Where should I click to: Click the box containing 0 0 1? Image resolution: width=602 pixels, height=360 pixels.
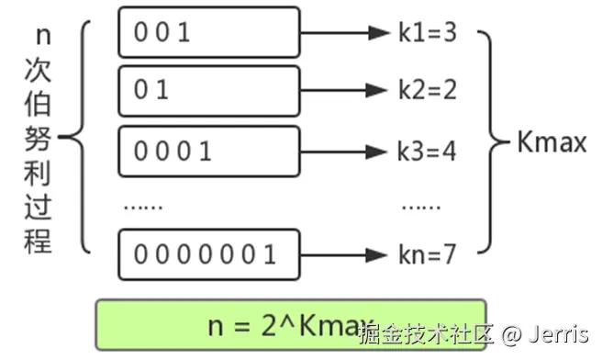point(208,32)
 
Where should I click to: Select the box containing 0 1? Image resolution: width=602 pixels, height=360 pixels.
point(208,90)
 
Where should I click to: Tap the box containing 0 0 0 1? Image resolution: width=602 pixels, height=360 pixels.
point(208,150)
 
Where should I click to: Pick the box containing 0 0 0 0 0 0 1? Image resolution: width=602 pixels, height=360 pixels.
point(208,253)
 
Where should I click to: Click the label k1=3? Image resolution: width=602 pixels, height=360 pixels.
point(427,34)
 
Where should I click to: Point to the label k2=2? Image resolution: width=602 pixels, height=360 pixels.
point(427,90)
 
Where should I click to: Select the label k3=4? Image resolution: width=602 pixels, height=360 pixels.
point(427,150)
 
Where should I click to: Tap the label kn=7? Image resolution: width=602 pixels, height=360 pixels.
point(427,254)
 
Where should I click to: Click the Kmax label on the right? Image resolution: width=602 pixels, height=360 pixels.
point(552,142)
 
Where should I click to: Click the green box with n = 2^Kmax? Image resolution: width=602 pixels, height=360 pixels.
point(291,326)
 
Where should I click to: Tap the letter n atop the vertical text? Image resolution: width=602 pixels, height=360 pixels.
point(40,34)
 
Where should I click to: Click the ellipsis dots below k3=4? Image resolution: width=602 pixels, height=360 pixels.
point(421,207)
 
